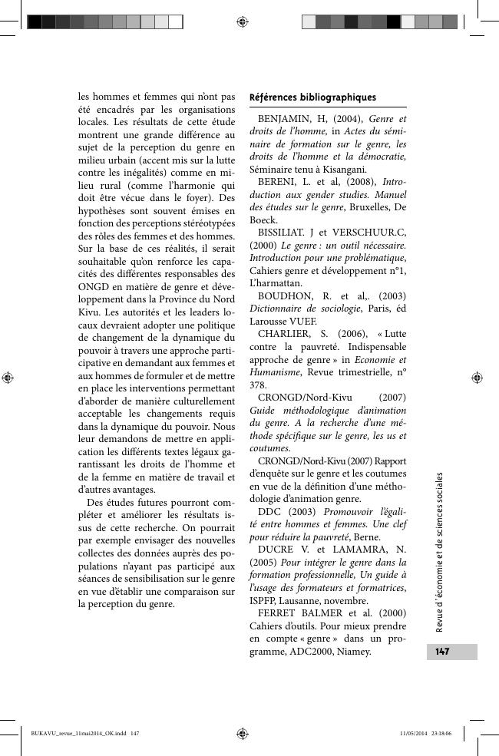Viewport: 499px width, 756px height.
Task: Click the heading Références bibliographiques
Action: pos(312,97)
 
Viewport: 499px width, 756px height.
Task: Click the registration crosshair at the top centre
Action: pos(243,21)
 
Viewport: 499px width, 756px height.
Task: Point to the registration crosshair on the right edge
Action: pos(477,377)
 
